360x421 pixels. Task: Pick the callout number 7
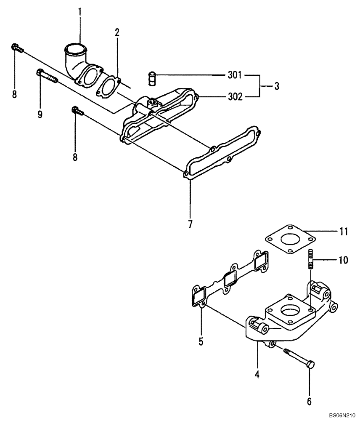pyautogui.click(x=190, y=224)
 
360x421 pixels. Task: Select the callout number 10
pyautogui.click(x=343, y=260)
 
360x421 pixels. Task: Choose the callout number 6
pyautogui.click(x=309, y=402)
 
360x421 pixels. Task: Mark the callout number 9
pyautogui.click(x=40, y=115)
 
